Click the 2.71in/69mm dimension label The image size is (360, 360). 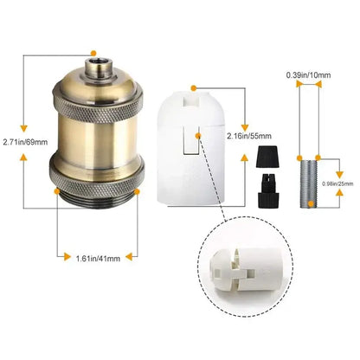pos(25,142)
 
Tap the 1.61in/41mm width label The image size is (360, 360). pos(98,258)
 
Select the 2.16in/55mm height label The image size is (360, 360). pos(249,136)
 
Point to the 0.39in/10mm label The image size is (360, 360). pos(308,75)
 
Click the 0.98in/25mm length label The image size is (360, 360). pos(337,183)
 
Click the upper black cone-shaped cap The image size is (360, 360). pos(267,157)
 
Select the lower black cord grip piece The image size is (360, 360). pos(268,190)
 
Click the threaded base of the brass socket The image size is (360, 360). pos(97,199)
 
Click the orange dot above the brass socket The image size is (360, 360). pos(93,53)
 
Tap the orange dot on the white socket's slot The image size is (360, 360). pos(198,136)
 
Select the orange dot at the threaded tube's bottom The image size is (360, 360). pos(311,204)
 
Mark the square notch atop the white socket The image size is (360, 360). pos(191,101)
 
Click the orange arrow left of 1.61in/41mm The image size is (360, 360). pos(67,256)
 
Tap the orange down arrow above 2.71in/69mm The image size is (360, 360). pos(23,128)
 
